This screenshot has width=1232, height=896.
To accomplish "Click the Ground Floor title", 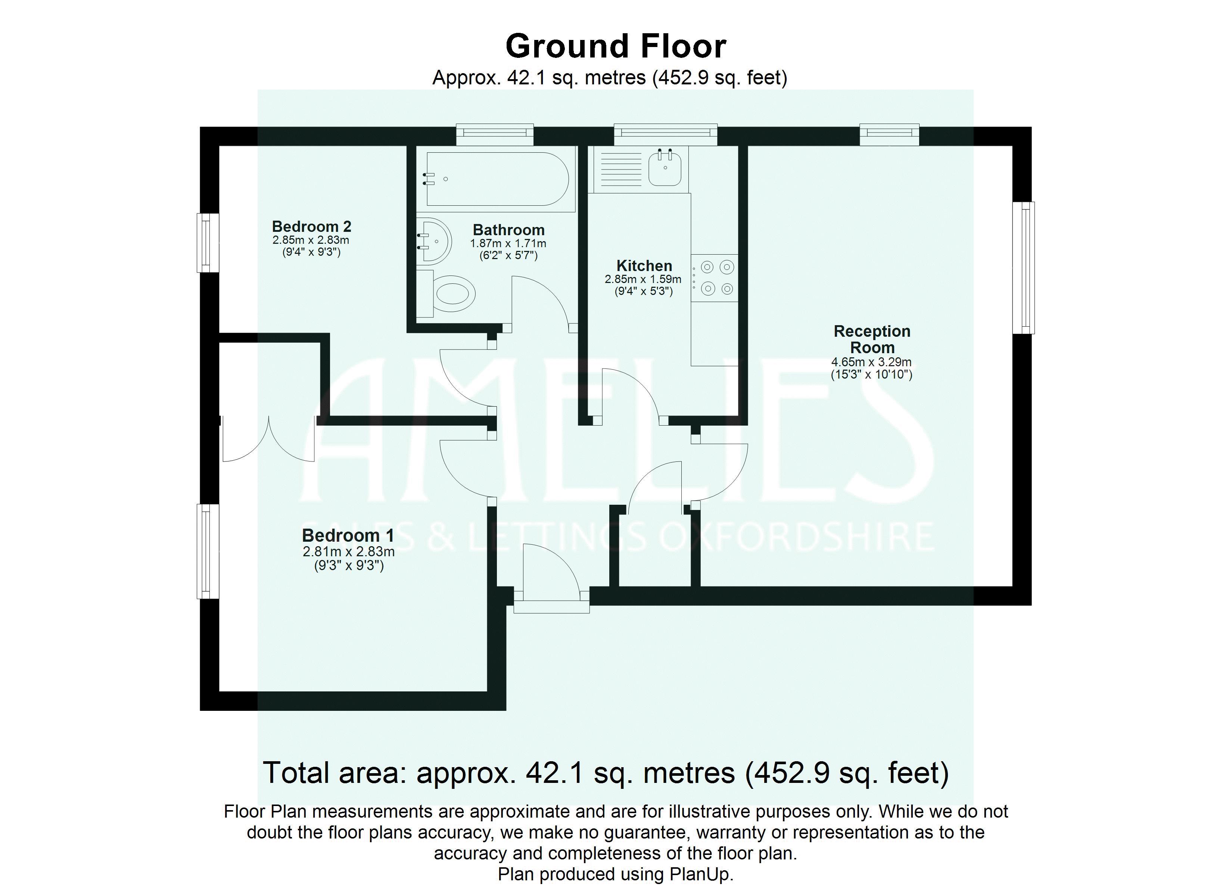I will point(616,47).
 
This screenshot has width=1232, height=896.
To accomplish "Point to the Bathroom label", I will point(508,230).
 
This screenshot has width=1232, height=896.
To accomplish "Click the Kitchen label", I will point(644,266).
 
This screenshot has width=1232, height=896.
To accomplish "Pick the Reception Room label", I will point(872,339).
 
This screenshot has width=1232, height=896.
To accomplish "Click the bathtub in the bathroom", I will point(497,179).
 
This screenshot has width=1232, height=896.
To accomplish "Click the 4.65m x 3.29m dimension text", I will point(871,362).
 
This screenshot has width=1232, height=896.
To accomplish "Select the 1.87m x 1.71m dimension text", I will point(508,243).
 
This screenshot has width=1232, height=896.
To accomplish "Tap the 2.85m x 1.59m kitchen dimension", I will point(643,279).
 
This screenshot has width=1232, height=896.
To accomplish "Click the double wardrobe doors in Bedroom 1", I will point(268,440).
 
